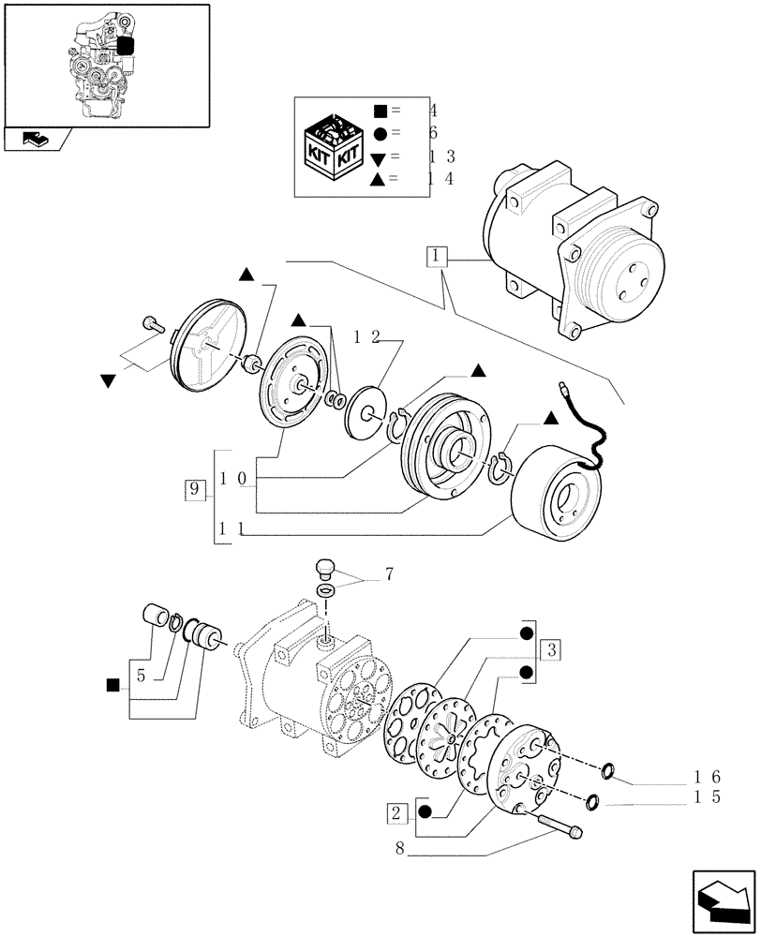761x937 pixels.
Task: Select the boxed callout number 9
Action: point(194,489)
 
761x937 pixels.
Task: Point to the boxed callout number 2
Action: point(396,812)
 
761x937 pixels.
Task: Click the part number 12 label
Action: point(367,337)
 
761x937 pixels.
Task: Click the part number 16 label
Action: point(707,777)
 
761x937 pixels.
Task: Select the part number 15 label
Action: point(707,798)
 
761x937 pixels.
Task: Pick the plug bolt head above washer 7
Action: point(325,570)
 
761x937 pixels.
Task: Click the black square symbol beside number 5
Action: point(113,685)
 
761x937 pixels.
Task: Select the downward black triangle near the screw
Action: point(108,380)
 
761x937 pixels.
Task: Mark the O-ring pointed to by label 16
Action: point(608,771)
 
